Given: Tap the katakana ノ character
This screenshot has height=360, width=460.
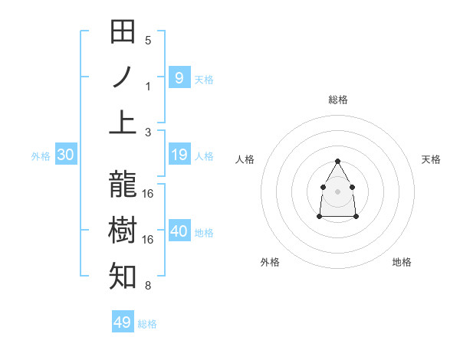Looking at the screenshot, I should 123,77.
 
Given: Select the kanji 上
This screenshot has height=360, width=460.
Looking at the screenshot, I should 123,122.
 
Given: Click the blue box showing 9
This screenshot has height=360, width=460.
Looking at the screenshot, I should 179,77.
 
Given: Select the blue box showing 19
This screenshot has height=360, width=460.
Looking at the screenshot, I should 179,155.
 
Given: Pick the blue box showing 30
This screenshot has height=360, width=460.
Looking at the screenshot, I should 65,155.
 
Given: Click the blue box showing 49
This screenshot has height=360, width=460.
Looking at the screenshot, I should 123,322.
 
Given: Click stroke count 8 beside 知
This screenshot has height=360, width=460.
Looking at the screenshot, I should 148,286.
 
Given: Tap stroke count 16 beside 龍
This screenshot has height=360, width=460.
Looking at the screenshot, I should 148,194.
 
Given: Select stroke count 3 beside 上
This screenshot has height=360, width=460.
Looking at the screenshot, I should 148,132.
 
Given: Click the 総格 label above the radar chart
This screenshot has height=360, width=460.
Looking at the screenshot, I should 337,100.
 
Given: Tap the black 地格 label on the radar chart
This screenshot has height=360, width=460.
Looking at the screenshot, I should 402,263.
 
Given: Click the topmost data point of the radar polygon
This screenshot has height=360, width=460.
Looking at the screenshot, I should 337,161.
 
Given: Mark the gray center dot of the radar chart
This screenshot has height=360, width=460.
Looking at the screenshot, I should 337,190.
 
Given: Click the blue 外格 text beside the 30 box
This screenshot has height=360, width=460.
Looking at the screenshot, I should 41,156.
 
